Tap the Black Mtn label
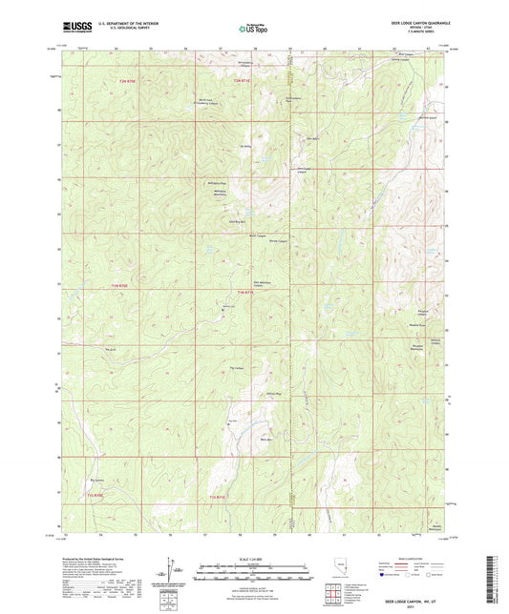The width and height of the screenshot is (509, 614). [x=267, y=439]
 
